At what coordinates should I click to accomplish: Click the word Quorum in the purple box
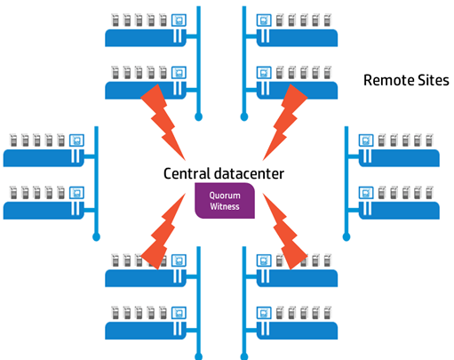tap(225, 196)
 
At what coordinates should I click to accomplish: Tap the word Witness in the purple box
tap(225, 206)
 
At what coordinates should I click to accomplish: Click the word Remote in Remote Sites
tap(388, 80)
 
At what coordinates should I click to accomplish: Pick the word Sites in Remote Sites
tap(434, 80)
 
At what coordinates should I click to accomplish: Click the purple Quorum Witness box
tap(225, 201)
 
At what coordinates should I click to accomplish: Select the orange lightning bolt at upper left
tap(163, 122)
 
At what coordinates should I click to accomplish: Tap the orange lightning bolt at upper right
tap(285, 122)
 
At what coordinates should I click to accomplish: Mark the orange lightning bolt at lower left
tap(163, 231)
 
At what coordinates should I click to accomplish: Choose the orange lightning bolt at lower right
tap(285, 231)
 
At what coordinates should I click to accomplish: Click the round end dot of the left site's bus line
tap(96, 237)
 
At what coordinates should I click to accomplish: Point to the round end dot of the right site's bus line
tap(346, 237)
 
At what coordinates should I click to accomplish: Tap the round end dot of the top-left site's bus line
tap(199, 117)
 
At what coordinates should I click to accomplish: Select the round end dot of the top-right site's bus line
tap(244, 117)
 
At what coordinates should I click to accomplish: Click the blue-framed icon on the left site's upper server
tap(76, 140)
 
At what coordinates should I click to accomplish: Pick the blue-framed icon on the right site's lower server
tap(366, 193)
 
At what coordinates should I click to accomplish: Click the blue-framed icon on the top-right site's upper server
tap(264, 20)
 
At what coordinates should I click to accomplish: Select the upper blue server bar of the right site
tap(399, 158)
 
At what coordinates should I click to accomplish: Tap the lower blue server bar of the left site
tap(44, 211)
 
